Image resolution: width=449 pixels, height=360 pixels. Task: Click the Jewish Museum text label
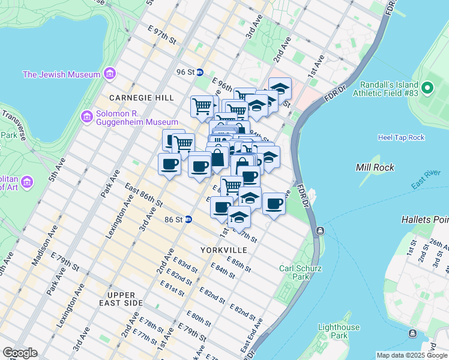[61, 74]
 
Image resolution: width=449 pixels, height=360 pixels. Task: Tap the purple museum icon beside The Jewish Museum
[109, 74]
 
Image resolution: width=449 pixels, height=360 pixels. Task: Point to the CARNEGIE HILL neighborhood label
[142, 97]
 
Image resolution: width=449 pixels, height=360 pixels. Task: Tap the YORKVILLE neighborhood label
[223, 249]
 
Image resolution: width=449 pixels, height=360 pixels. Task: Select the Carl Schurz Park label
[294, 272]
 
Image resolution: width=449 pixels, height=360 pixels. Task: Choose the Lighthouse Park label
[340, 331]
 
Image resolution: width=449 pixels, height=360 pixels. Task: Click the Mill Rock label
[375, 167]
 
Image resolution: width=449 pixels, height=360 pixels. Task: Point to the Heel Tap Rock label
[401, 137]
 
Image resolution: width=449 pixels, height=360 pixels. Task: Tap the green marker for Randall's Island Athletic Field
[427, 88]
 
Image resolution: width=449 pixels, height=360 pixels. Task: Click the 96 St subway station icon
[199, 72]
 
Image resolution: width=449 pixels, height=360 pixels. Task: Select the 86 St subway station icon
[188, 220]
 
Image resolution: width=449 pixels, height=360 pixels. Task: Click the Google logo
[20, 353]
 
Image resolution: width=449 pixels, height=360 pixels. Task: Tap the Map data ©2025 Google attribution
[411, 355]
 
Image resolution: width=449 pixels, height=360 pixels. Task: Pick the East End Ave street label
[252, 335]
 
